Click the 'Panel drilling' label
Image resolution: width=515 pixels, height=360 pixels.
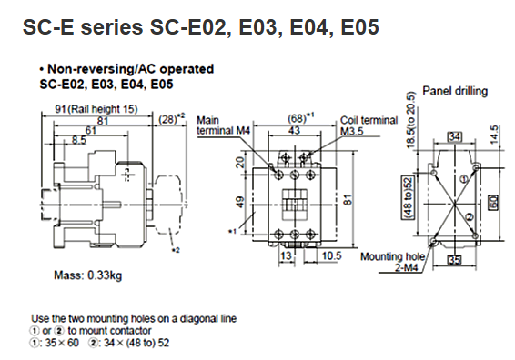pyautogui.click(x=455, y=91)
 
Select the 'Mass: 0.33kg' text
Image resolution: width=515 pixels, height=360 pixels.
pyautogui.click(x=87, y=275)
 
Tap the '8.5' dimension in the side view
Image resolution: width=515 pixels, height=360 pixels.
pyautogui.click(x=79, y=140)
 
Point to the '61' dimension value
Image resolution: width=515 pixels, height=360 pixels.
pyautogui.click(x=91, y=131)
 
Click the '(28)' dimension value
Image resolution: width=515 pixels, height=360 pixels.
pyautogui.click(x=167, y=119)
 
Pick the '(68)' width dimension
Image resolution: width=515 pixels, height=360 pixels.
pyautogui.click(x=297, y=119)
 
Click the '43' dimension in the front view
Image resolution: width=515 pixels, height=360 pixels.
pyautogui.click(x=294, y=131)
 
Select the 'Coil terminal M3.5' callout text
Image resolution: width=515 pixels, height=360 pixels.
pyautogui.click(x=369, y=125)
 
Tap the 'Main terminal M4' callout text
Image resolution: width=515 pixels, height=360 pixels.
pyautogui.click(x=223, y=125)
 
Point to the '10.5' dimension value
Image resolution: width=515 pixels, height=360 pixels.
pyautogui.click(x=332, y=255)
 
